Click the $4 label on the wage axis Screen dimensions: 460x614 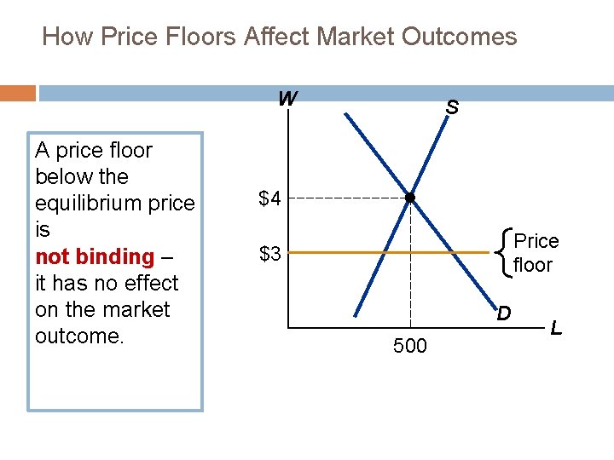pos(270,199)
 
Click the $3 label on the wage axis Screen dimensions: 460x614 pos(270,254)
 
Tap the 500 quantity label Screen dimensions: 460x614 pos(410,346)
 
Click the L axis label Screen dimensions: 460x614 pos(556,326)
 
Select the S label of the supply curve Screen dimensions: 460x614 pos(452,108)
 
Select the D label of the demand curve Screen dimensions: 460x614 pos(504,313)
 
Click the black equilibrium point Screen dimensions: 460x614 pos(410,198)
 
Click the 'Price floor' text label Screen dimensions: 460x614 pos(535,253)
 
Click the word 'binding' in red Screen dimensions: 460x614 pos(114,256)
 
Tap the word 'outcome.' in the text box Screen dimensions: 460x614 pos(80,336)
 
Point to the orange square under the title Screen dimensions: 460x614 pos(18,92)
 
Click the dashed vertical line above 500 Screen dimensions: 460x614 pos(410,273)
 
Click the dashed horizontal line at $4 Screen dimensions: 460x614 pos(350,198)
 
